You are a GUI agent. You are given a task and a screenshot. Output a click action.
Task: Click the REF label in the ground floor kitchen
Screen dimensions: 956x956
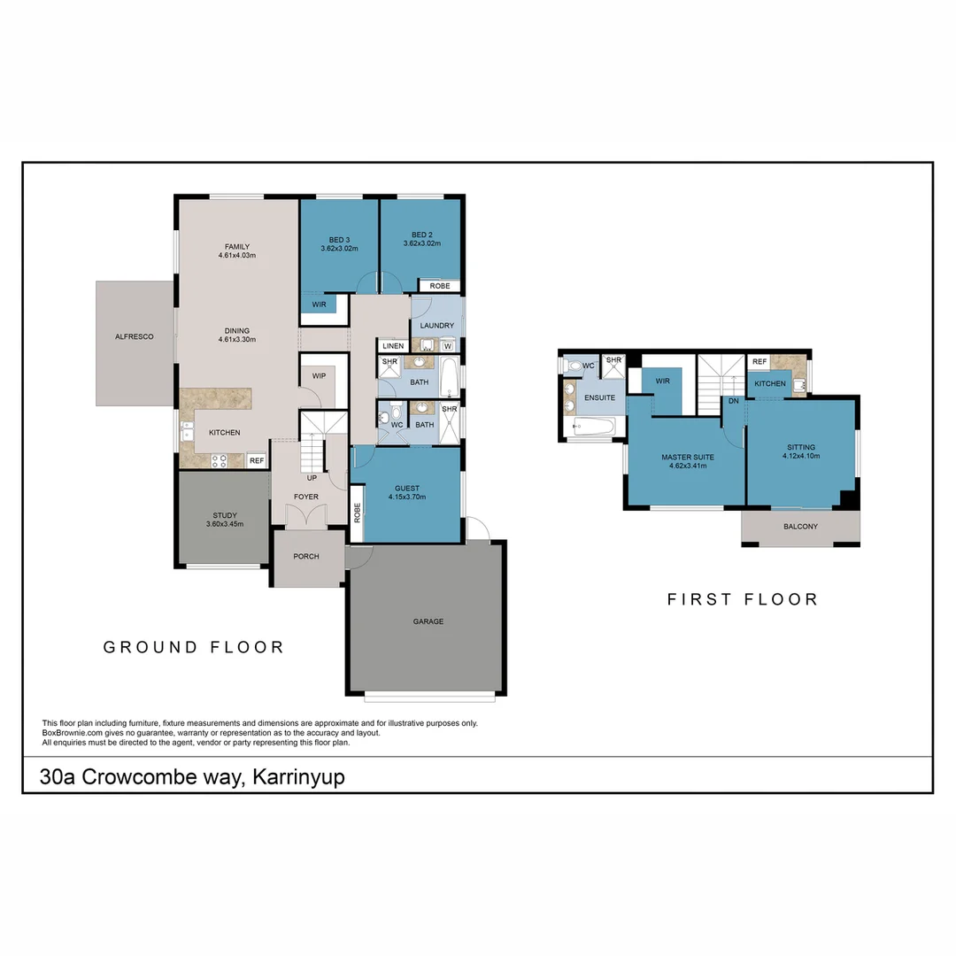click(x=256, y=460)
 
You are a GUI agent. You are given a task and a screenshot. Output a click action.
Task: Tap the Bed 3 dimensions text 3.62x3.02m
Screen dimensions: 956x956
click(x=339, y=249)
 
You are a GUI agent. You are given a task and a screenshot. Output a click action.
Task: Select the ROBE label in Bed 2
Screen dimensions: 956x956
click(x=440, y=286)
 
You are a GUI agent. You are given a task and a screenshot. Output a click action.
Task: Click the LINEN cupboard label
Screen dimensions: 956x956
click(x=393, y=345)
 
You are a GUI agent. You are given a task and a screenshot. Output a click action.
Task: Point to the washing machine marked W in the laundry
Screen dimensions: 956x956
click(x=448, y=345)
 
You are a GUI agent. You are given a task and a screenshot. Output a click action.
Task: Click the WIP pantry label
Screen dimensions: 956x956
click(x=319, y=375)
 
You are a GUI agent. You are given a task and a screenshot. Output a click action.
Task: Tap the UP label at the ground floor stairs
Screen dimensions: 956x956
click(x=312, y=478)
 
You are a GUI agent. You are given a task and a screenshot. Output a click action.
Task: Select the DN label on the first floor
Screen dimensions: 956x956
click(x=733, y=401)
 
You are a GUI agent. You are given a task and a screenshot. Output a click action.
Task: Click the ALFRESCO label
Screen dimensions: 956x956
click(x=135, y=336)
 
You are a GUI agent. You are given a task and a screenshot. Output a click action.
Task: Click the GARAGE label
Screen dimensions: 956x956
click(x=428, y=621)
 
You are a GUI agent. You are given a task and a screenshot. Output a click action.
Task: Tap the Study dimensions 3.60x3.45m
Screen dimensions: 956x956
click(x=224, y=524)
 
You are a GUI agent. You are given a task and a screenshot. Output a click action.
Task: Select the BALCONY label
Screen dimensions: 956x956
click(x=800, y=527)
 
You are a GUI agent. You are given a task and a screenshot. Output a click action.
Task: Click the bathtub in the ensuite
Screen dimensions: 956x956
click(x=594, y=428)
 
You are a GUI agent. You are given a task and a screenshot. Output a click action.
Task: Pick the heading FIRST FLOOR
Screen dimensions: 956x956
click(x=742, y=599)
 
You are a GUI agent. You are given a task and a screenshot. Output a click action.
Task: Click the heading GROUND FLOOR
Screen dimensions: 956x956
click(x=194, y=647)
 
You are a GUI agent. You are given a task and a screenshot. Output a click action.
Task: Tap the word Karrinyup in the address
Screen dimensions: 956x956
click(x=298, y=777)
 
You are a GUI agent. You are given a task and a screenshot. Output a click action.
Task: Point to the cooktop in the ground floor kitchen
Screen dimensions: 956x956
click(x=218, y=460)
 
